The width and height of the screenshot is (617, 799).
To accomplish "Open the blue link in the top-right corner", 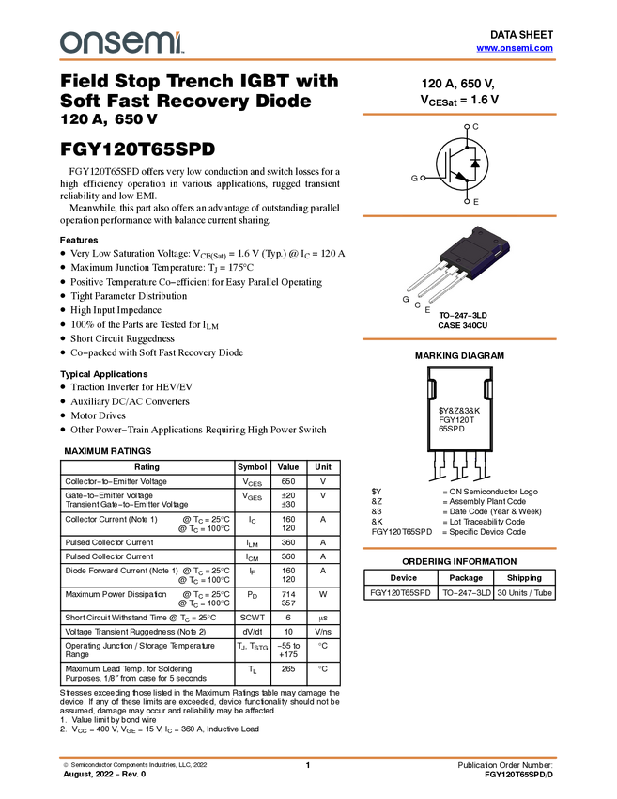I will point(515,48).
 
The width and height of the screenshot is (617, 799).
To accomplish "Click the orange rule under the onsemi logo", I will point(308,60).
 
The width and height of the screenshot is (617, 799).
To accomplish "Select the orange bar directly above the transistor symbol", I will point(459,114).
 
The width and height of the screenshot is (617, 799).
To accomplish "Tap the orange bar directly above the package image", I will point(459,216).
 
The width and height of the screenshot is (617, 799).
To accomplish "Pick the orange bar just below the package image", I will point(459,338).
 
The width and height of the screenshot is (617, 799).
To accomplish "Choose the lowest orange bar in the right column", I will point(459,547).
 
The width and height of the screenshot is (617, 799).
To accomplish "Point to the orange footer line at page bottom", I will point(308,757).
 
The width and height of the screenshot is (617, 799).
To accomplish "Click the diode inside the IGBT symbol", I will point(475,164).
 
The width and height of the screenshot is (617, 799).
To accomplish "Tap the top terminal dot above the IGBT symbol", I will point(467,126).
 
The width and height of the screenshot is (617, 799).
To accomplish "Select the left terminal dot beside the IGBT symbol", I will point(423,177).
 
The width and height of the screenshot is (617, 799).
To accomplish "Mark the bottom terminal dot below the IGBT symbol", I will point(467,200).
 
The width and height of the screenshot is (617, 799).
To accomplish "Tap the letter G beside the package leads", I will point(406,299).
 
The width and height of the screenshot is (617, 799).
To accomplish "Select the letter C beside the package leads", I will point(417,305).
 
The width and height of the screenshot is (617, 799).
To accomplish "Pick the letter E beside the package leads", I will point(427,309).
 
